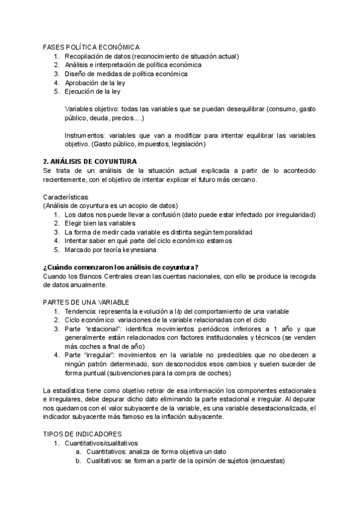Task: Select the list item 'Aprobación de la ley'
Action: click(x=95, y=83)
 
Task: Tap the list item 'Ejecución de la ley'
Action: click(x=92, y=92)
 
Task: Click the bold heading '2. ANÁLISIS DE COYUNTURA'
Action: click(x=90, y=161)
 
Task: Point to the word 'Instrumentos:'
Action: click(x=85, y=136)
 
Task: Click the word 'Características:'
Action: click(x=66, y=196)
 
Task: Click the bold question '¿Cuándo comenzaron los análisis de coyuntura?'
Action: click(x=121, y=267)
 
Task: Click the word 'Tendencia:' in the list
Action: click(x=81, y=311)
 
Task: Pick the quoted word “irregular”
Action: click(x=100, y=355)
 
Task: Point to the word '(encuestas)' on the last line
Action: click(x=268, y=461)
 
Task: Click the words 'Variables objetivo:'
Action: click(x=92, y=109)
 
